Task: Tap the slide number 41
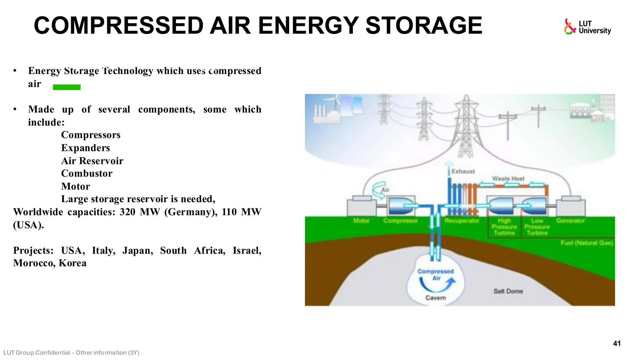pyautogui.click(x=617, y=343)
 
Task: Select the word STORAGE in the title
pyautogui.click(x=424, y=26)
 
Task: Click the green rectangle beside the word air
pyautogui.click(x=67, y=87)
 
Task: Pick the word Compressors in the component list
pyautogui.click(x=91, y=135)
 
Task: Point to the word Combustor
pyautogui.click(x=87, y=173)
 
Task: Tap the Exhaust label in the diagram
pyautogui.click(x=463, y=172)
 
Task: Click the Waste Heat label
pyautogui.click(x=508, y=178)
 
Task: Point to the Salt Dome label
pyautogui.click(x=508, y=291)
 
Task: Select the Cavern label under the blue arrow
pyautogui.click(x=436, y=298)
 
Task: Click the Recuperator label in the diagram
pyautogui.click(x=462, y=221)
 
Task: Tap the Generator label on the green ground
pyautogui.click(x=570, y=221)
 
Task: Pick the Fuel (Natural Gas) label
pyautogui.click(x=587, y=243)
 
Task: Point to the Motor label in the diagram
pyautogui.click(x=361, y=221)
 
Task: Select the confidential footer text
pyautogui.click(x=71, y=353)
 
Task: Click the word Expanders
pyautogui.click(x=85, y=148)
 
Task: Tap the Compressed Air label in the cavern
pyautogui.click(x=436, y=274)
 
